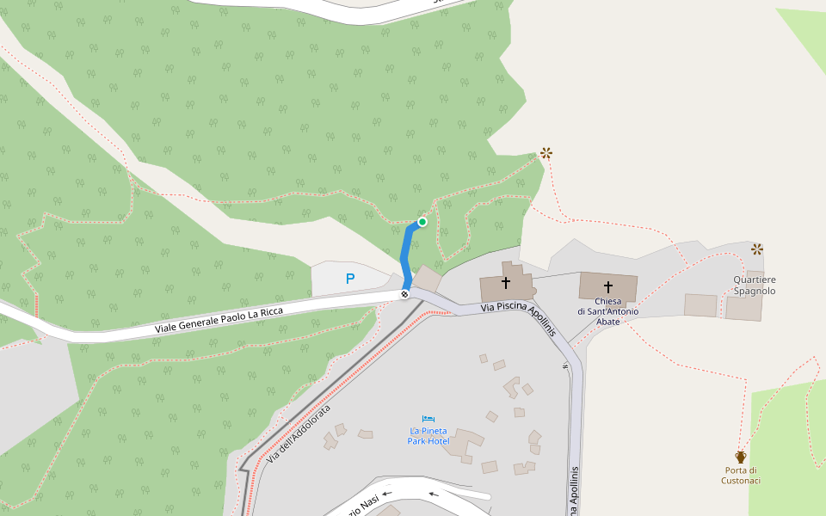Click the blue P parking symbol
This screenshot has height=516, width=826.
[x=349, y=279]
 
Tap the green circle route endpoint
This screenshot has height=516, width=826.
[x=422, y=222]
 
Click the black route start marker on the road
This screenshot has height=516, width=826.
[x=404, y=295]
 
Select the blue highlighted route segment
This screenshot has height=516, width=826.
[x=406, y=254]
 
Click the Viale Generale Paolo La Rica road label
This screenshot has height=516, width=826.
[x=219, y=317]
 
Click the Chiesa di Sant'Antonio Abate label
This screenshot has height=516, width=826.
[x=607, y=310]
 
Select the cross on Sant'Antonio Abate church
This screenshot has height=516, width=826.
[x=608, y=286]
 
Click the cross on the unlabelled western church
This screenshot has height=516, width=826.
[x=506, y=281]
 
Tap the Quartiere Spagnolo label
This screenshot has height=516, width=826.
[x=755, y=286]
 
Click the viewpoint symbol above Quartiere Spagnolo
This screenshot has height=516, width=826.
[x=757, y=249]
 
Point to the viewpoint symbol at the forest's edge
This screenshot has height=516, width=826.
[x=546, y=153]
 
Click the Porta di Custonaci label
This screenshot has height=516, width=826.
[x=741, y=476]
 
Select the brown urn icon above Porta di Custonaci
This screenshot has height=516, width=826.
[x=741, y=457]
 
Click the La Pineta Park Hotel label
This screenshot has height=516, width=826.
[x=428, y=435]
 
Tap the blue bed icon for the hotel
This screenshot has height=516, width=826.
[x=428, y=419]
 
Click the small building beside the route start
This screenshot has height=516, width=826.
[x=427, y=278]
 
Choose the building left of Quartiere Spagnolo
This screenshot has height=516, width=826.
[x=700, y=305]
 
